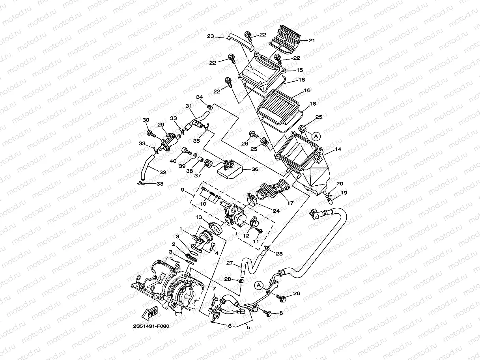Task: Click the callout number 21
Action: click(312, 40)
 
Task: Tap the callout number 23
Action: click(211, 36)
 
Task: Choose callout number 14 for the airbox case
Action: click(338, 149)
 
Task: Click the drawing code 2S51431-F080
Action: click(153, 326)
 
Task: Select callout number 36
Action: click(255, 169)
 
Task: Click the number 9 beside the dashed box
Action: click(183, 190)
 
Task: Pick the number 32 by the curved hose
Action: click(162, 172)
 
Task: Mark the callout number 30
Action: click(146, 120)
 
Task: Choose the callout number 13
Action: click(199, 217)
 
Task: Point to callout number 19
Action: click(344, 193)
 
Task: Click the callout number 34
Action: click(200, 97)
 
